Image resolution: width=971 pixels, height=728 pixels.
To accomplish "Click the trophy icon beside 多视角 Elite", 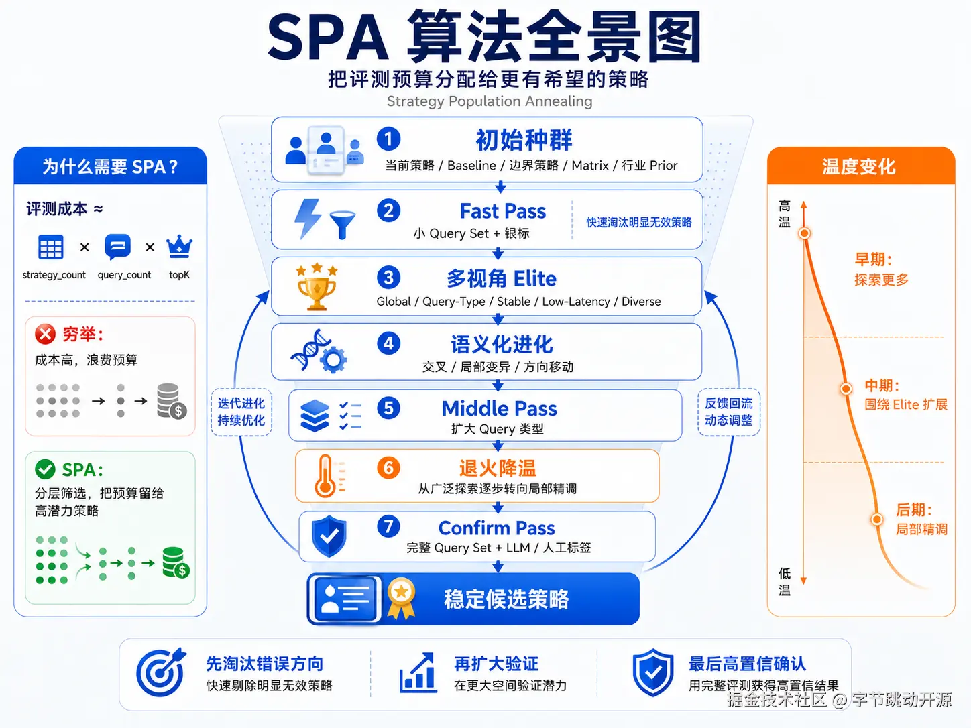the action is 317,288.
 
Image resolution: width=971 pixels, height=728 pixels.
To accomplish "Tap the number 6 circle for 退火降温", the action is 388,468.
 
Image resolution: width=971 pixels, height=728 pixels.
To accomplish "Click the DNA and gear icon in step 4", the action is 319,351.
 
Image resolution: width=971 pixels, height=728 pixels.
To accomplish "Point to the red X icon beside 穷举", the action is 45,334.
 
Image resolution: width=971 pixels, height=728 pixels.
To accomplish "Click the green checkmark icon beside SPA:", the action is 45,469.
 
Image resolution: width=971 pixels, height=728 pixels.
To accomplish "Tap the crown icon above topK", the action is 179,247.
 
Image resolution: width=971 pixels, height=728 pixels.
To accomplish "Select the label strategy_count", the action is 54,274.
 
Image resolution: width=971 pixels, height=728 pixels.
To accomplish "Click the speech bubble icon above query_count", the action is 117,247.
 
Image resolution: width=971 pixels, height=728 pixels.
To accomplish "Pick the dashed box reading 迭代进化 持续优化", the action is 241,412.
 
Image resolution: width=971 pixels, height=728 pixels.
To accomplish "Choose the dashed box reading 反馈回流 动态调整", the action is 728,412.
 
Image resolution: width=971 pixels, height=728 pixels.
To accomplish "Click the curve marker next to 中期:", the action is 846,389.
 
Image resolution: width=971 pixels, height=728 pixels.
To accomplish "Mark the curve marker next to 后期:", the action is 876,520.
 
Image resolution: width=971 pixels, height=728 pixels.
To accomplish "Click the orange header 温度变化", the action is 861,166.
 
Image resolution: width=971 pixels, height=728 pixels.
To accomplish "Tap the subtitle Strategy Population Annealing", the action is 490,101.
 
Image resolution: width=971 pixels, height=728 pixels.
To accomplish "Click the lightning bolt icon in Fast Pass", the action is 308,219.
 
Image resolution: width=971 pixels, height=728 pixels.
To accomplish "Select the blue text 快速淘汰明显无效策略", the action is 639,222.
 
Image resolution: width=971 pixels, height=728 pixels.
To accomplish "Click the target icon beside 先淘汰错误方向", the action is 161,672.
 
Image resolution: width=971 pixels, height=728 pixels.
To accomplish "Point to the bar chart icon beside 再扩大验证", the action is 418,672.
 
